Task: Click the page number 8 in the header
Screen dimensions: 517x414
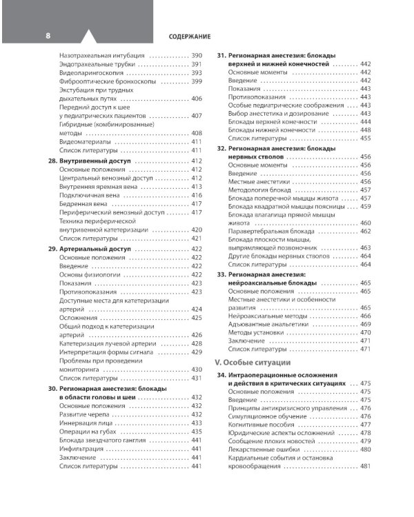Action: tap(47, 35)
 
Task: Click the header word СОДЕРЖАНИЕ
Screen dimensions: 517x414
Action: tap(188, 36)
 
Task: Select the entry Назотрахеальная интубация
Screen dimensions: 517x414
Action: tap(101, 54)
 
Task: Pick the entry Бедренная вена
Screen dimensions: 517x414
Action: tap(84, 204)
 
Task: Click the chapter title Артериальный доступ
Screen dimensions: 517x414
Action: tap(97, 248)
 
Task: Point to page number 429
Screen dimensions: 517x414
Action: tap(196, 352)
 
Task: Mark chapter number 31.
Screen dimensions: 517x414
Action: tap(221, 54)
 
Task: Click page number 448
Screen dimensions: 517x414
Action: tap(366, 130)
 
